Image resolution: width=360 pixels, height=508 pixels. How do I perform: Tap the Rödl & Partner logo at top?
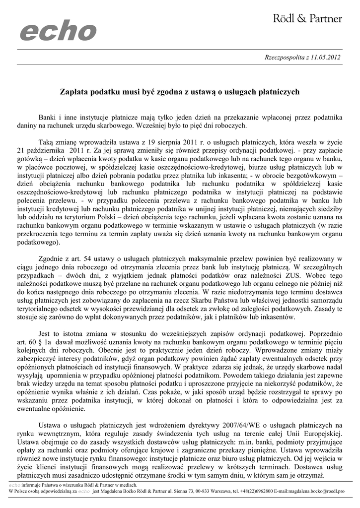pos(308,19)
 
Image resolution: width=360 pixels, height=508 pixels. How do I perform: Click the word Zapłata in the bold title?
pos(74,92)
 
